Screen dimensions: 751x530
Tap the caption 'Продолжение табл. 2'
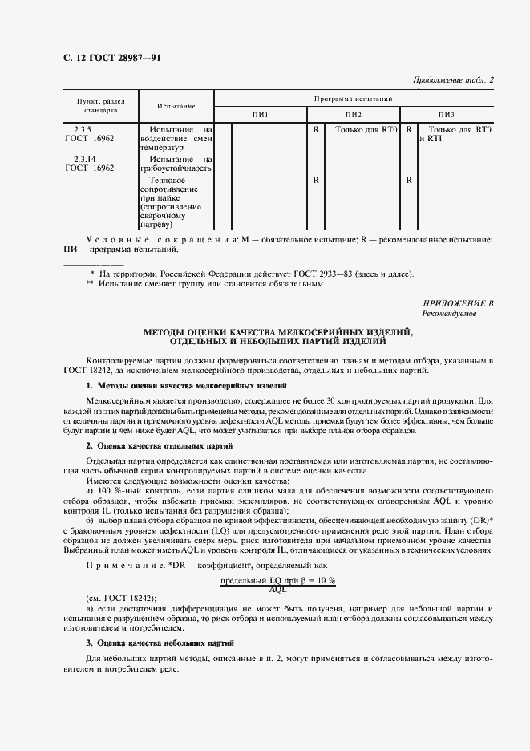coord(454,79)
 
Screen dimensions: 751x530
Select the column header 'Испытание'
coord(176,106)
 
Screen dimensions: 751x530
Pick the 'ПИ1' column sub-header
coord(261,116)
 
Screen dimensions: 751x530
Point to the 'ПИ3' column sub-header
coord(446,116)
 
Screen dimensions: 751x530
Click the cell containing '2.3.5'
coord(82,128)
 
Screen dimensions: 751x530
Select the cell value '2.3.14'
coord(84,160)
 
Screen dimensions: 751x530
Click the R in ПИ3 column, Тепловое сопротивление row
coord(409,181)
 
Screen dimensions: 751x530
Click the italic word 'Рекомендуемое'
coord(450,314)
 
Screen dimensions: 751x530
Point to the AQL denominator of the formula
coord(278,588)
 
